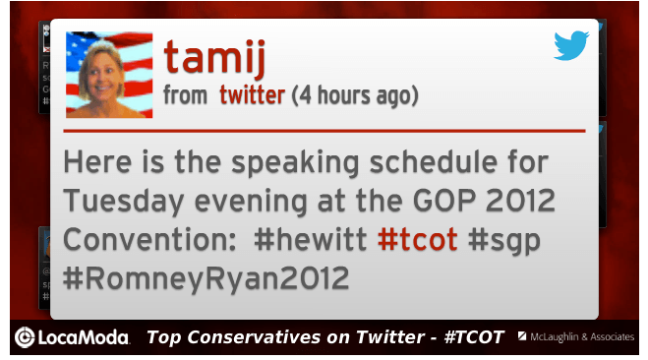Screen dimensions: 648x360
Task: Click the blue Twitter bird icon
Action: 571,45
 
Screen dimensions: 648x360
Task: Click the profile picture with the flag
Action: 109,75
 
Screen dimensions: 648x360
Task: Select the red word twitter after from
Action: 252,95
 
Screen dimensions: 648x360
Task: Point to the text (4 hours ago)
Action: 355,95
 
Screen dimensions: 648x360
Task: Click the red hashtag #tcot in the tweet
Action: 417,240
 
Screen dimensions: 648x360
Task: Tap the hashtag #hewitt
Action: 311,240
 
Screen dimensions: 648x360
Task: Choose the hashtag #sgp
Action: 504,241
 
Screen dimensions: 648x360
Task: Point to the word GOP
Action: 444,201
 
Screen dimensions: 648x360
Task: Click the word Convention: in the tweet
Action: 149,240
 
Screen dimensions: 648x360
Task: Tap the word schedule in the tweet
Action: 434,162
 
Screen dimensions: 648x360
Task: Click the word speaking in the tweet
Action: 295,163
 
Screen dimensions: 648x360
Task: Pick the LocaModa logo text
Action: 84,337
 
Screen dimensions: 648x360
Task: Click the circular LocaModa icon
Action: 25,337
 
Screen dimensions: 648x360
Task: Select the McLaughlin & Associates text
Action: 582,337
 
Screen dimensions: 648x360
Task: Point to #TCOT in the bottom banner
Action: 474,337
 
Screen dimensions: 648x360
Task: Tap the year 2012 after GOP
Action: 520,201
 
